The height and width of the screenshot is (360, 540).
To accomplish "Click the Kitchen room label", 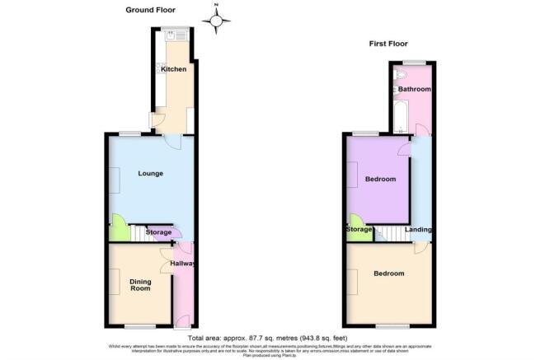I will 172,69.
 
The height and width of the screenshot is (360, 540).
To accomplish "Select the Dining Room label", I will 140,285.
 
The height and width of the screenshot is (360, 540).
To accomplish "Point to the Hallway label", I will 183,264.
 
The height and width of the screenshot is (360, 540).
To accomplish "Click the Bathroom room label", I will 415,88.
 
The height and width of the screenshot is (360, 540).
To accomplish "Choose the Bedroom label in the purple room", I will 380,179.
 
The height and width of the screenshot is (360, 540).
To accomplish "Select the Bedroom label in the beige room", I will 388,273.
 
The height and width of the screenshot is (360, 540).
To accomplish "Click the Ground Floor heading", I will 153,10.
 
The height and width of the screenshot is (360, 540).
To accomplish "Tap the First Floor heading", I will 387,44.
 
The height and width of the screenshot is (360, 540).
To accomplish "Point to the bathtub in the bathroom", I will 401,116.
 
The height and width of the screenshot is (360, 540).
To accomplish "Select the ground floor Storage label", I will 158,233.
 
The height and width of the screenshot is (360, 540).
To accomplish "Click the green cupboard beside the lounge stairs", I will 118,228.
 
